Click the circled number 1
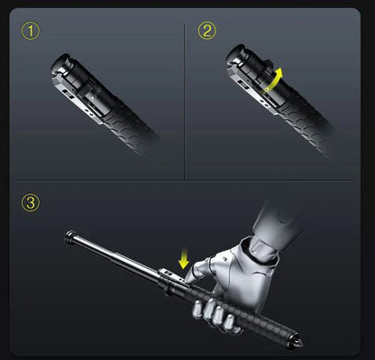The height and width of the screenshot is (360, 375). pos(32,32)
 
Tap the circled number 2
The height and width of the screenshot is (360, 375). pos(208,32)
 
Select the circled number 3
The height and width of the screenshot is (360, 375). pos(32,203)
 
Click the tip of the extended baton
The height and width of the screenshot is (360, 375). pos(70,235)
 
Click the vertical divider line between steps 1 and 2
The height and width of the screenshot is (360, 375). pos(187,99)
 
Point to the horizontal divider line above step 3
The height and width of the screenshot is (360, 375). pos(187,180)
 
